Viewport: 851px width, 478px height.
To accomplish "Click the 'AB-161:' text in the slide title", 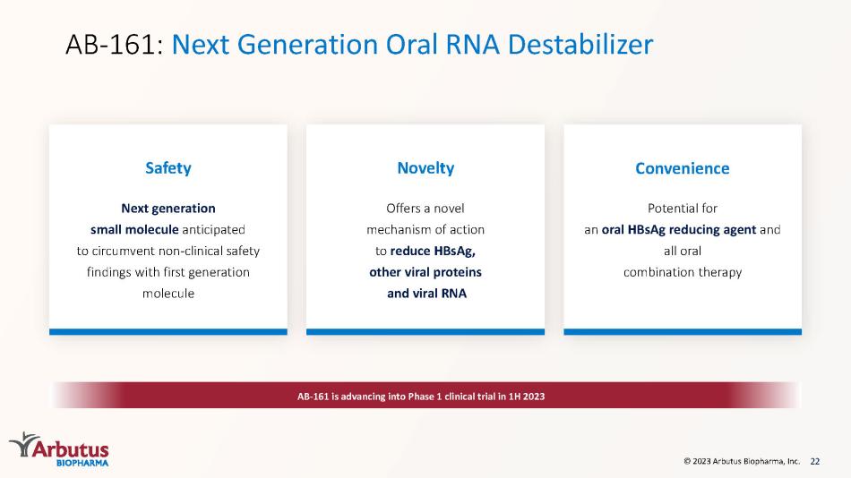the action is click(114, 45).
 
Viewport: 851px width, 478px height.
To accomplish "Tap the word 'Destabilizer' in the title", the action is click(580, 44).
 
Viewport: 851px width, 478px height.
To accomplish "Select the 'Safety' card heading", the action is click(168, 168).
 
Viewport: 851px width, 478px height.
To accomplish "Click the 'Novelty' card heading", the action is click(425, 168).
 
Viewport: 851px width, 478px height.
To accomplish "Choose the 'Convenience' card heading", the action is click(683, 168).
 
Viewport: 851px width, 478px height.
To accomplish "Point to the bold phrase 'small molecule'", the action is click(134, 229).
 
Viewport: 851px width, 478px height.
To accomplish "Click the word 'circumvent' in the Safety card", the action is click(119, 251).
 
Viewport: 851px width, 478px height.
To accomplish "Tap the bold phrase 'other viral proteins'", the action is click(425, 272).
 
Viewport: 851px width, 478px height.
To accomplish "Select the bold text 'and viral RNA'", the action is click(426, 293).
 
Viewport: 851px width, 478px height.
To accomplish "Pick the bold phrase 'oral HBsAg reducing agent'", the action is click(679, 229).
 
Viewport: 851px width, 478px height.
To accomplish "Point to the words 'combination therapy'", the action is click(683, 272).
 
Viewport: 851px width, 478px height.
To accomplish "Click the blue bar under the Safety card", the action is click(168, 331).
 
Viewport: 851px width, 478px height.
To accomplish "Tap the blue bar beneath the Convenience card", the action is click(683, 331).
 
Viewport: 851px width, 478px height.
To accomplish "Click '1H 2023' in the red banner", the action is click(527, 396).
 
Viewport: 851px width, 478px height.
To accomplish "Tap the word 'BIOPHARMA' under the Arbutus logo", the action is click(82, 463).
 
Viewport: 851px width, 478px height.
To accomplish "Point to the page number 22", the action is click(814, 461).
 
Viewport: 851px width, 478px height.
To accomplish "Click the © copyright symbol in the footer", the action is click(687, 461).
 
